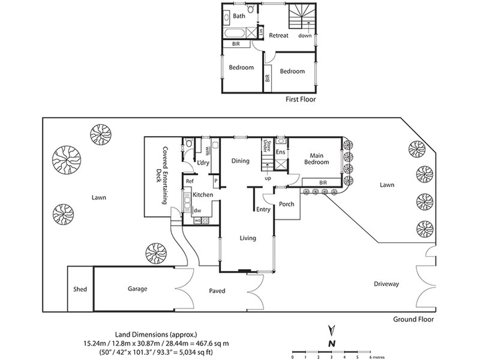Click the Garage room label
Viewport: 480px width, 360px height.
[137, 289]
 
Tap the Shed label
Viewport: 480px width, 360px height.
[80, 289]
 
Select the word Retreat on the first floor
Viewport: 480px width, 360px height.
[278, 35]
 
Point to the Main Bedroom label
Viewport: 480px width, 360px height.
[316, 159]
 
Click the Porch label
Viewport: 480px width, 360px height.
[287, 204]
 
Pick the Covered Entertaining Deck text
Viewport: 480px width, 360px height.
[162, 175]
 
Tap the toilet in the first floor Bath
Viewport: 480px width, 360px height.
[251, 9]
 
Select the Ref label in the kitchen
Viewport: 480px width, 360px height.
[190, 181]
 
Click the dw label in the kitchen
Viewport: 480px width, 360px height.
[197, 211]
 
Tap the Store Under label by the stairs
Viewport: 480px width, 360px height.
[267, 146]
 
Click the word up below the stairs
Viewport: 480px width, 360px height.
[268, 178]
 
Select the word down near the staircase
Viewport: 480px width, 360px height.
[305, 36]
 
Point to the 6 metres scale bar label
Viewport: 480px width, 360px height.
[377, 357]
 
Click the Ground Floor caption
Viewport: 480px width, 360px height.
[413, 319]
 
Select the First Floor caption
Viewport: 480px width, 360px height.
[301, 99]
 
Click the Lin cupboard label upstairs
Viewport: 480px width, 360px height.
[261, 32]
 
